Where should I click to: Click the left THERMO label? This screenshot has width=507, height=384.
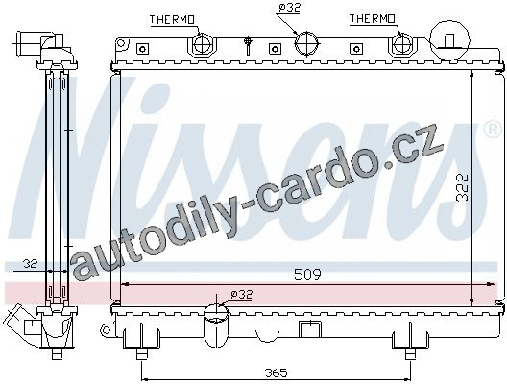pos(172,20)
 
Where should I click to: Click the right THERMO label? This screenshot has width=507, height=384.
pos(373,19)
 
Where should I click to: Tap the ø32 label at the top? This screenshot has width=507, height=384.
pos(290,8)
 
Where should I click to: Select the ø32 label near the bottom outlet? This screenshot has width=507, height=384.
pos(242,294)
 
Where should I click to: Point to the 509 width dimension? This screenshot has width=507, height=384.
pos(307,275)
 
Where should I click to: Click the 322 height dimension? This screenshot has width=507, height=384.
pos(463,187)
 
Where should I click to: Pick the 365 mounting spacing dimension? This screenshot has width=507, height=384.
pos(277,373)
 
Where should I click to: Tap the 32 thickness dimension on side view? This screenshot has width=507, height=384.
pos(31,264)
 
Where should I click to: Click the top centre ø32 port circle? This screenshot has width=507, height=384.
pos(306,42)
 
